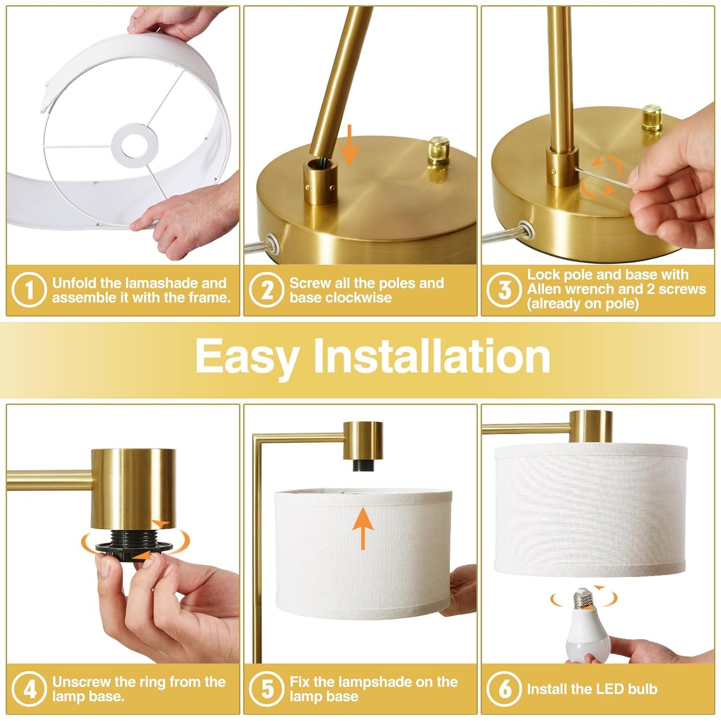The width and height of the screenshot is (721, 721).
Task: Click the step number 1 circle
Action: pyautogui.click(x=29, y=290)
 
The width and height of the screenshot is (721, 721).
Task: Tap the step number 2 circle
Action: pyautogui.click(x=267, y=290)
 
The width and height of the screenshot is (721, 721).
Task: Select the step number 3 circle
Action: pyautogui.click(x=504, y=290)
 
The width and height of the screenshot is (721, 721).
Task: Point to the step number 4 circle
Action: pyautogui.click(x=29, y=689)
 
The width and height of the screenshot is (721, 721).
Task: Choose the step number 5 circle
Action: pyautogui.click(x=267, y=689)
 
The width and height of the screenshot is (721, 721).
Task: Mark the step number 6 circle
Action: pyautogui.click(x=504, y=689)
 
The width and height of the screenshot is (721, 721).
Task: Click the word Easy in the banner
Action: pyautogui.click(x=246, y=357)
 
